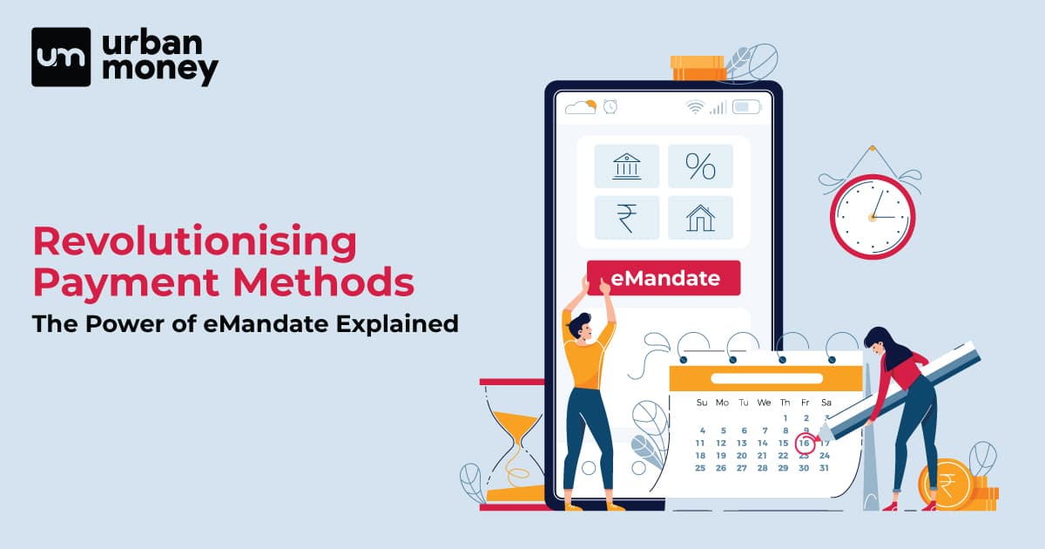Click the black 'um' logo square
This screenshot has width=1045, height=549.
(x=61, y=57)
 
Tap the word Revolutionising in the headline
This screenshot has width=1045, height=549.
(x=195, y=242)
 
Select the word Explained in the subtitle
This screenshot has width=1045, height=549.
(x=397, y=323)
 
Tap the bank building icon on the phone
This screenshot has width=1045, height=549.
(x=626, y=166)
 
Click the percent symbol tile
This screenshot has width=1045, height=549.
(x=700, y=166)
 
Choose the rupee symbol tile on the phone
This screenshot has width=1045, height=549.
(x=626, y=218)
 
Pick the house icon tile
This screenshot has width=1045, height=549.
(x=700, y=218)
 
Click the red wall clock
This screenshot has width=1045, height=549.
(x=873, y=217)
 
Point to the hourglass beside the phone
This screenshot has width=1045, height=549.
(x=513, y=444)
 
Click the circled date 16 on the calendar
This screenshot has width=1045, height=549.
(x=805, y=443)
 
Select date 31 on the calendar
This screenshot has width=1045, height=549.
(x=825, y=468)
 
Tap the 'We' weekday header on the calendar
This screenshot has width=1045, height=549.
(x=764, y=403)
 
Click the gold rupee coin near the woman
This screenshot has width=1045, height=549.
(x=946, y=484)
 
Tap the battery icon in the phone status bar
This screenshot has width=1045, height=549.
(x=746, y=107)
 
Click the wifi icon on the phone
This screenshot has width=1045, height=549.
(x=695, y=107)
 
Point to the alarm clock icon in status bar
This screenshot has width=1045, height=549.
(x=610, y=107)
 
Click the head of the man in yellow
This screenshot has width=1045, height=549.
(x=581, y=327)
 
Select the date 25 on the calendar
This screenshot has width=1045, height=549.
(x=700, y=468)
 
